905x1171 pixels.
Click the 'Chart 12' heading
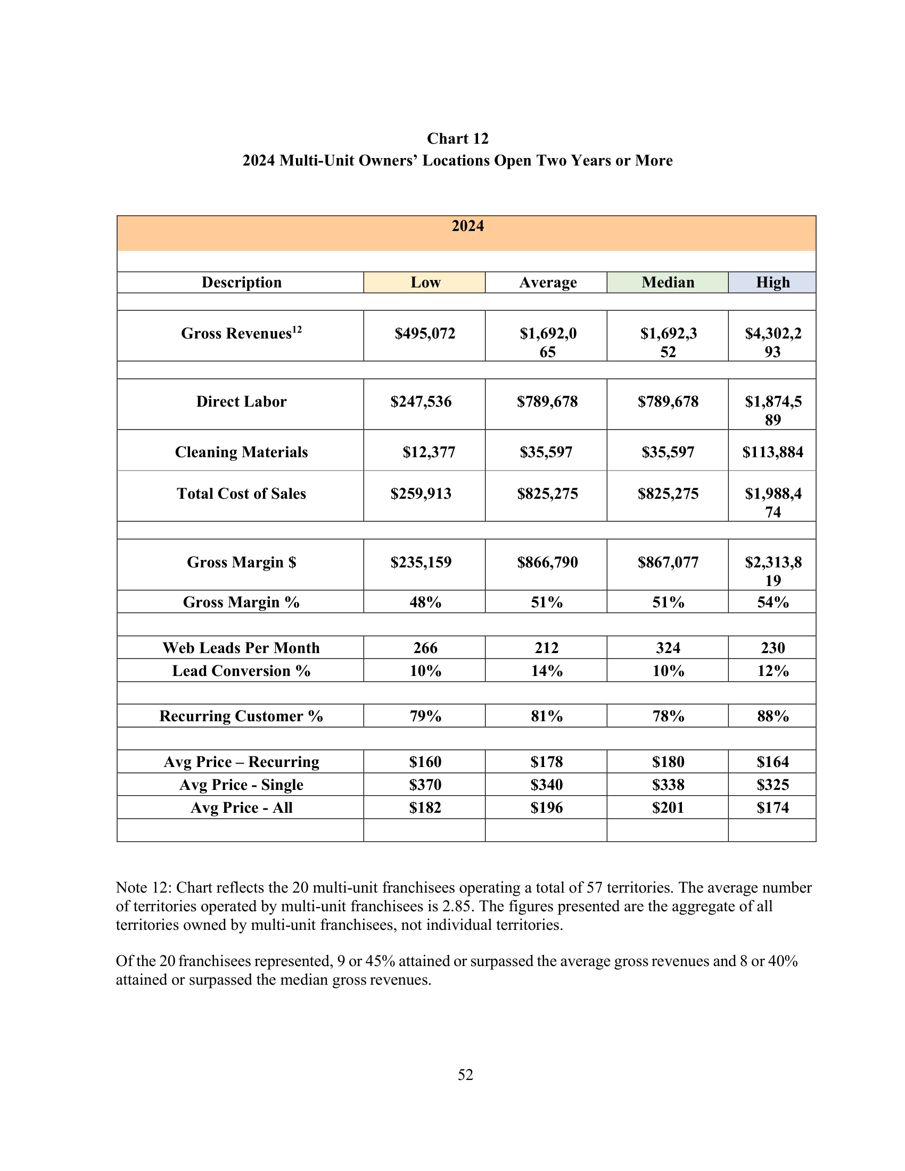(x=457, y=138)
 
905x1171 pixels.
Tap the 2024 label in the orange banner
(x=467, y=226)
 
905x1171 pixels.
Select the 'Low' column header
(x=425, y=282)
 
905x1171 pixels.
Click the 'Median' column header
(x=668, y=282)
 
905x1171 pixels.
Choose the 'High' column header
(x=772, y=282)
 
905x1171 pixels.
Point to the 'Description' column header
(x=241, y=282)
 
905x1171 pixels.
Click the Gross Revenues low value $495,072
(x=425, y=334)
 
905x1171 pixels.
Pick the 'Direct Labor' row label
(x=241, y=401)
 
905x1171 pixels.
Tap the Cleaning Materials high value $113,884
(x=772, y=452)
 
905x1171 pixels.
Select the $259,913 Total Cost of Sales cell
(x=421, y=493)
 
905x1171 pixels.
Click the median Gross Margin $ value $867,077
(x=668, y=562)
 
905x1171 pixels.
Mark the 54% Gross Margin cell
(x=772, y=602)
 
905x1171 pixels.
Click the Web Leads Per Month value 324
(x=668, y=648)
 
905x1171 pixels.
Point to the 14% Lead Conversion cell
(x=547, y=671)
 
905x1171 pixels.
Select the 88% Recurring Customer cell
(x=772, y=716)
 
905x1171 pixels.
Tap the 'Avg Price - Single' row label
(x=241, y=785)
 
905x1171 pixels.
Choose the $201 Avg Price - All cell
(x=668, y=807)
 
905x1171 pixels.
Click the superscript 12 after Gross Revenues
(x=297, y=329)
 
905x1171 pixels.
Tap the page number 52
(x=465, y=1075)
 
